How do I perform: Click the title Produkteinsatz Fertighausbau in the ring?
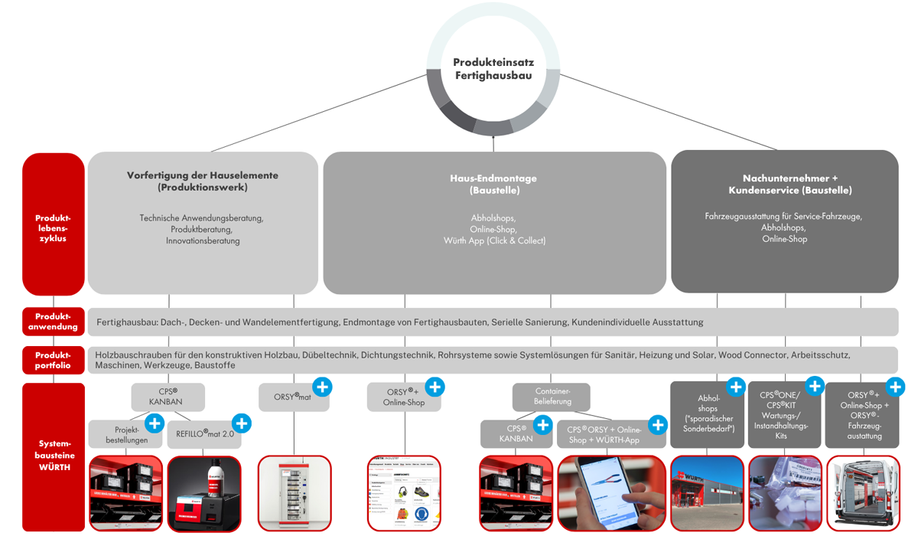click(x=493, y=69)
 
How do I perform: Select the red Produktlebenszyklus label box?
click(x=54, y=227)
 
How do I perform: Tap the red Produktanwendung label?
click(x=54, y=322)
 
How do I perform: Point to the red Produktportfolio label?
click(x=54, y=360)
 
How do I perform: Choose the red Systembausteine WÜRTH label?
click(x=54, y=456)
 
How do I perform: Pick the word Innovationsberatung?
click(x=203, y=240)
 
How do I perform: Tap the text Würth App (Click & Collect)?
click(x=494, y=240)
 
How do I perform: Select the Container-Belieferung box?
click(x=552, y=397)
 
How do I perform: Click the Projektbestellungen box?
click(x=126, y=434)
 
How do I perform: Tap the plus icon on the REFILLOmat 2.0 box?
click(x=242, y=423)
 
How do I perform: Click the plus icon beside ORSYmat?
click(x=322, y=387)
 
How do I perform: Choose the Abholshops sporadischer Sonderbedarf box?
click(x=708, y=414)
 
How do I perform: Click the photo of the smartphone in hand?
click(x=612, y=493)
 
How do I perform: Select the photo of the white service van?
click(x=862, y=493)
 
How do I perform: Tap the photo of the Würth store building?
click(x=708, y=493)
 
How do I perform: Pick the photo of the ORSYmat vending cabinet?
click(x=295, y=493)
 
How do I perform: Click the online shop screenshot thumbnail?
click(x=405, y=493)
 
